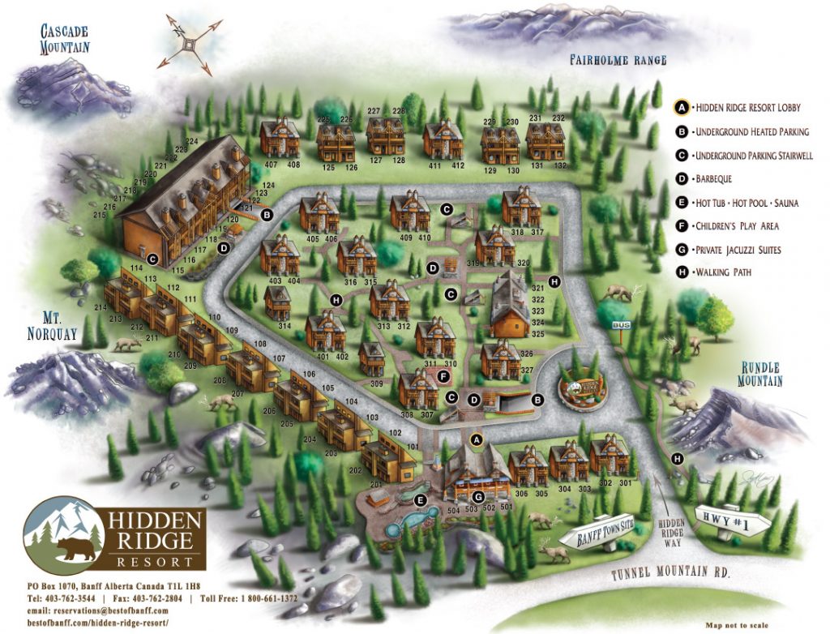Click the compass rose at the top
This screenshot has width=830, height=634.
coord(190,43)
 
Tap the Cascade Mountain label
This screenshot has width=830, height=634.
coord(65,39)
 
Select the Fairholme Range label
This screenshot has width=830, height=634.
coord(618,60)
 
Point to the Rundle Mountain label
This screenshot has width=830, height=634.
coord(759,375)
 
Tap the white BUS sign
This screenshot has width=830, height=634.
coord(622,325)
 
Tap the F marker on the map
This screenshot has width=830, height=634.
coord(443,376)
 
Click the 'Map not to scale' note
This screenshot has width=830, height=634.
coord(737,625)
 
